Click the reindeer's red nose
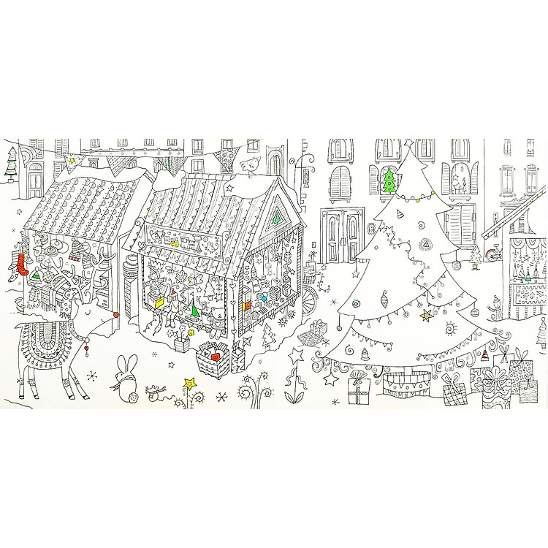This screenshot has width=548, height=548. [115, 316]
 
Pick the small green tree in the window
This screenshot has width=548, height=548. [389, 179]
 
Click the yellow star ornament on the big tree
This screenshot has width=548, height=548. [426, 316]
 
